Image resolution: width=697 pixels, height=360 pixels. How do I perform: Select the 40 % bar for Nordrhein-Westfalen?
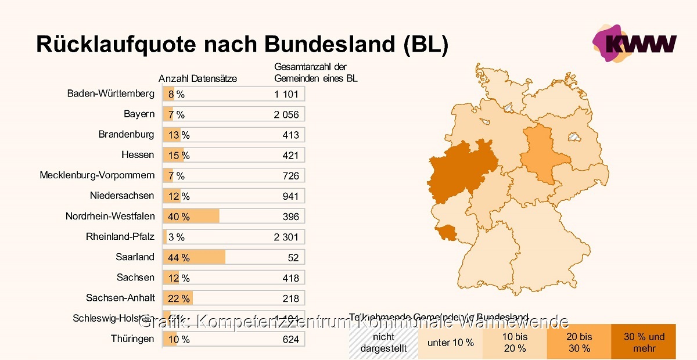[x=191, y=217]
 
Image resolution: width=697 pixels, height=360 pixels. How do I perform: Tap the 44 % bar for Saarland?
[x=194, y=257]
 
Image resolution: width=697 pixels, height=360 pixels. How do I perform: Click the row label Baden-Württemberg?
[x=111, y=93]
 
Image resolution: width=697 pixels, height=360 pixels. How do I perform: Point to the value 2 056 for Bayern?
[x=286, y=115]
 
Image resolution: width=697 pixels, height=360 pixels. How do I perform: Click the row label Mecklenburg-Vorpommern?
[x=97, y=175]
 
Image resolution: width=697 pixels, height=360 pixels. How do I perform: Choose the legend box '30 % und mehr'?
[x=644, y=342]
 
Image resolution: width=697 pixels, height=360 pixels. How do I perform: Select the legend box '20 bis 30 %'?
[x=579, y=342]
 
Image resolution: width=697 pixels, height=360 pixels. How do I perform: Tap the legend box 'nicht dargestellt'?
[x=383, y=343]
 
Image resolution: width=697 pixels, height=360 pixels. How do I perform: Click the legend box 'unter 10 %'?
[x=450, y=343]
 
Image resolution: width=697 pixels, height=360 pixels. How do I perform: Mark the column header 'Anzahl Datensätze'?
[x=197, y=79]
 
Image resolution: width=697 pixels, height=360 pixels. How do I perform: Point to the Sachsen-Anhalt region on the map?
[x=537, y=154]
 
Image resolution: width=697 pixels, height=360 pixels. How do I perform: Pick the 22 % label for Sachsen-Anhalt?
[x=179, y=298]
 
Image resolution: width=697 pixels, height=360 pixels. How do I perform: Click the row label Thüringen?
[x=132, y=339]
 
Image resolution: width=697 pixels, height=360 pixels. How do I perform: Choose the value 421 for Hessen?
[x=290, y=156]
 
